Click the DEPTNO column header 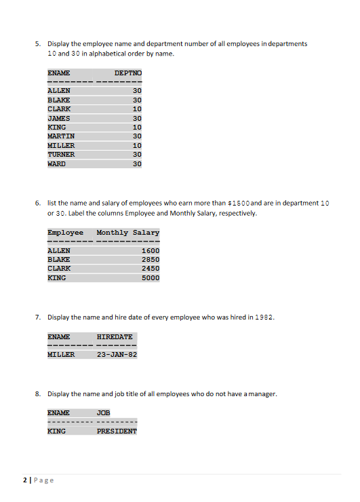pyautogui.click(x=127, y=72)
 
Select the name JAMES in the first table pyautogui.click(x=59, y=117)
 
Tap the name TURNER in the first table pyautogui.click(x=61, y=154)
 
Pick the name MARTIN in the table pyautogui.click(x=61, y=136)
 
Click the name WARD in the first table pyautogui.click(x=57, y=163)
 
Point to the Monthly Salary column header pyautogui.click(x=128, y=233)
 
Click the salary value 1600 pyautogui.click(x=151, y=250)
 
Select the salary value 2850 pyautogui.click(x=151, y=260)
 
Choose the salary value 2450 pyautogui.click(x=151, y=269)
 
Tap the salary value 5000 pyautogui.click(x=151, y=278)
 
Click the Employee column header pyautogui.click(x=66, y=233)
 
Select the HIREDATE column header pyautogui.click(x=115, y=336)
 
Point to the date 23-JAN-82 pyautogui.click(x=117, y=354)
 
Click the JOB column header pyautogui.click(x=104, y=412)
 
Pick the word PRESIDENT pyautogui.click(x=117, y=431)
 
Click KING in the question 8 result pyautogui.click(x=56, y=431)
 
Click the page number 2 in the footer pyautogui.click(x=25, y=480)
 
